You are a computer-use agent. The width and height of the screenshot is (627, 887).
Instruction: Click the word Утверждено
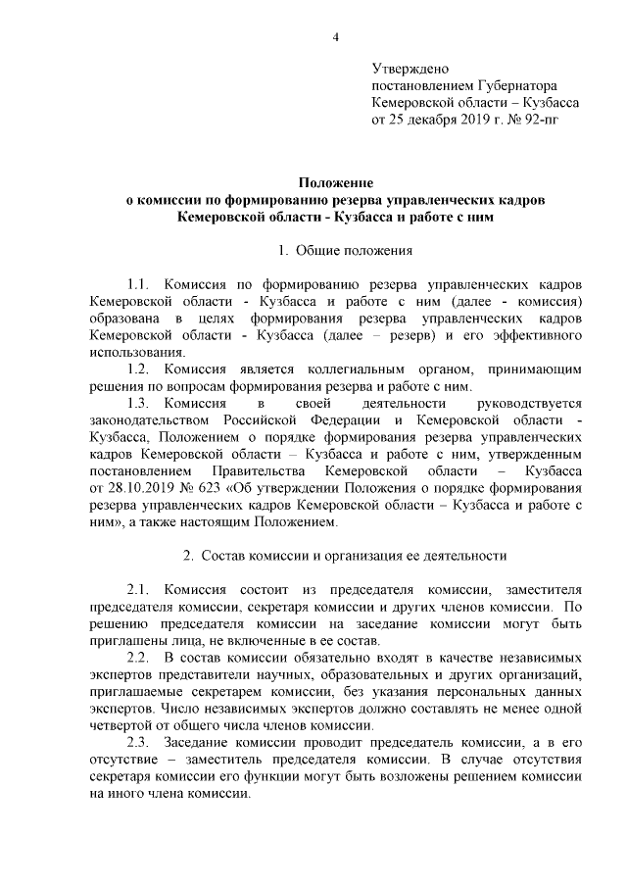tap(410, 69)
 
